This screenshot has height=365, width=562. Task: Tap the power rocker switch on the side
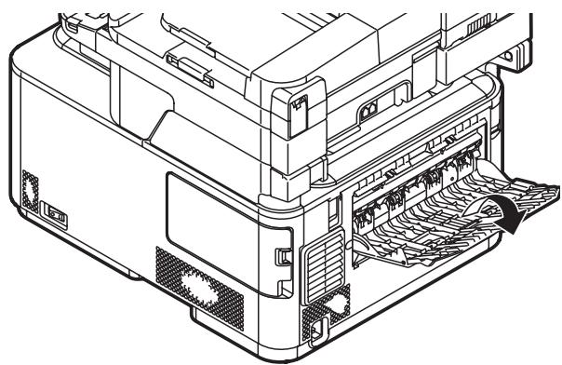pyautogui.click(x=56, y=216)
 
